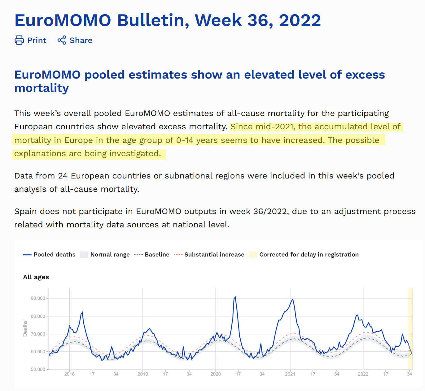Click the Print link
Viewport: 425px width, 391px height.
pyautogui.click(x=37, y=40)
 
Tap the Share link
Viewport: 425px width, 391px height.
pyautogui.click(x=81, y=40)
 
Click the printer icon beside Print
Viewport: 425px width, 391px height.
pyautogui.click(x=19, y=40)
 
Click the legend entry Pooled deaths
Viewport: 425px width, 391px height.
pyautogui.click(x=54, y=255)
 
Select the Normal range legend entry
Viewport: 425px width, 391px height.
pyautogui.click(x=110, y=255)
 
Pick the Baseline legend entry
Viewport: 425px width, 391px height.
pyautogui.click(x=157, y=255)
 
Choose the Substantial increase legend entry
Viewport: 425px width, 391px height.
pyautogui.click(x=214, y=255)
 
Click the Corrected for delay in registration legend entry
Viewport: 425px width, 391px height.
pyautogui.click(x=309, y=255)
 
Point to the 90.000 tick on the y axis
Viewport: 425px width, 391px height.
pyautogui.click(x=38, y=298)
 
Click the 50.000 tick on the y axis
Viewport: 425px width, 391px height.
pyautogui.click(x=38, y=369)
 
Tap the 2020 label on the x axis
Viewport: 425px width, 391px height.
pyautogui.click(x=216, y=374)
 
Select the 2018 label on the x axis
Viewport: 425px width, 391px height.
pyautogui.click(x=69, y=374)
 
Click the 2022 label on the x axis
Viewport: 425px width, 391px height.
pyautogui.click(x=363, y=374)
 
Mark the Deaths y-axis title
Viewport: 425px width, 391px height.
pyautogui.click(x=25, y=329)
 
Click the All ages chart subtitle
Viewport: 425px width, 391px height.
pyautogui.click(x=36, y=277)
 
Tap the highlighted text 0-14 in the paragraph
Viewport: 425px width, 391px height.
pyautogui.click(x=185, y=140)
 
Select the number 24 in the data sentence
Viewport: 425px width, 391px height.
pyautogui.click(x=63, y=176)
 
